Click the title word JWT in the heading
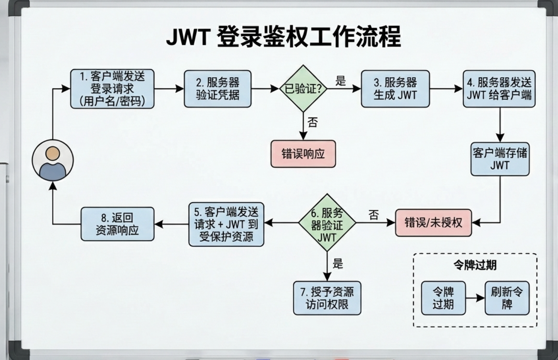pos(188,37)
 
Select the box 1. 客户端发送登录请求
pos(112,89)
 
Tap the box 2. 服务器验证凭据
pos(218,89)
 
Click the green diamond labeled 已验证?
pos(303,89)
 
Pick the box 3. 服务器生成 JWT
pos(395,89)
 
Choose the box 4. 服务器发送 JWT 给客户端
pos(499,89)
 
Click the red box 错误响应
pos(303,154)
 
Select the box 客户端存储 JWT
pos(500,159)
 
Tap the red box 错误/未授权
pos(433,223)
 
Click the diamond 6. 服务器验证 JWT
pos(327,223)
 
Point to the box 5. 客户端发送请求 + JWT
pos(226,224)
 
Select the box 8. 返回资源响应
pos(117,224)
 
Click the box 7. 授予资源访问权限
pos(327,298)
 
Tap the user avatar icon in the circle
pos(53,160)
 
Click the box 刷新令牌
pos(507,298)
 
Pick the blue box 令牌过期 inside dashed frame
pos(443,298)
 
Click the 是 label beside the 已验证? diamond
pos(340,81)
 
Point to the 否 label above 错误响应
pos(313,122)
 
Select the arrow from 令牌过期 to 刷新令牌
pos(475,298)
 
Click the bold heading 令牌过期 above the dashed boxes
pos(475,265)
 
